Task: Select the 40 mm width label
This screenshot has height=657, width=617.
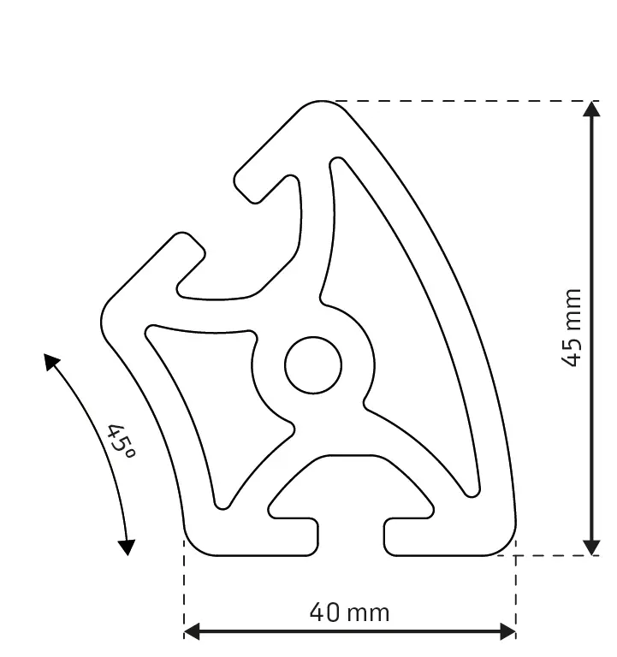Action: pyautogui.click(x=349, y=613)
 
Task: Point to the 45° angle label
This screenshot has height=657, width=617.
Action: pyautogui.click(x=122, y=440)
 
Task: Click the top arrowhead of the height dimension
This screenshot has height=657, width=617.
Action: pyautogui.click(x=590, y=109)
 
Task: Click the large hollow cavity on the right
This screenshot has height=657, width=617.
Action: pyautogui.click(x=402, y=325)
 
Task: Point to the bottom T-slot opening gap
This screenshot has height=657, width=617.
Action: pyautogui.click(x=351, y=535)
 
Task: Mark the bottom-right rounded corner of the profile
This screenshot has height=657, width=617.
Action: pyautogui.click(x=505, y=544)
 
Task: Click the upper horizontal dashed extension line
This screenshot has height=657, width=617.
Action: pyautogui.click(x=462, y=101)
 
